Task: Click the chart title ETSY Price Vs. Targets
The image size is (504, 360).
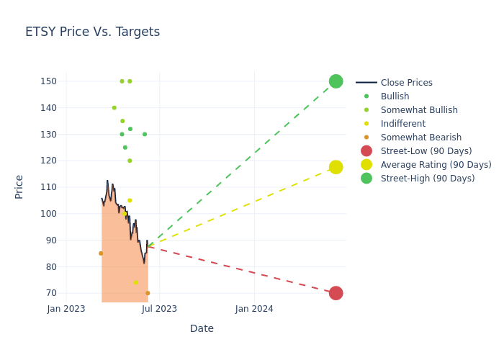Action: (x=92, y=32)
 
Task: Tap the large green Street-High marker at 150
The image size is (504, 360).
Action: (x=336, y=81)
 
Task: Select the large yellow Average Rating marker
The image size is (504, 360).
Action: (x=336, y=167)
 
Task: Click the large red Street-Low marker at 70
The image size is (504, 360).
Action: (x=336, y=293)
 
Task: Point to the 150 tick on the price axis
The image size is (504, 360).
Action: (x=48, y=81)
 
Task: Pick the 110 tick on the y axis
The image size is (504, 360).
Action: (x=48, y=187)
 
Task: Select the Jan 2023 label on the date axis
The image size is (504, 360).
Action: (x=66, y=309)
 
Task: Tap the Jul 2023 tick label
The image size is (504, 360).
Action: (x=160, y=309)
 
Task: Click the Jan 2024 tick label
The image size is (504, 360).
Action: (x=254, y=309)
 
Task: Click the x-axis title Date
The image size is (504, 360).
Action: (x=202, y=329)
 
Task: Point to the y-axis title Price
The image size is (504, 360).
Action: (x=19, y=186)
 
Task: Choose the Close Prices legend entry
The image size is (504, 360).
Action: (x=406, y=83)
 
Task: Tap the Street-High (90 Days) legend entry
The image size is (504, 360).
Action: (x=427, y=179)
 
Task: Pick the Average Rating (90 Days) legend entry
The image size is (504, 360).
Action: (x=436, y=165)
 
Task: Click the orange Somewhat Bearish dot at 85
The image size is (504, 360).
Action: (x=101, y=253)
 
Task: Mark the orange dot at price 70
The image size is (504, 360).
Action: (x=148, y=293)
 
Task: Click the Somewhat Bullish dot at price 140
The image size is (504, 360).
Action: (x=114, y=108)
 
